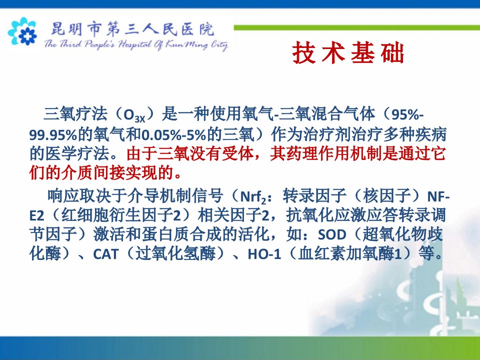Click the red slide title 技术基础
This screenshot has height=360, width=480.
348,53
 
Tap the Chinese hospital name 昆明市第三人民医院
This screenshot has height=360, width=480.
132,29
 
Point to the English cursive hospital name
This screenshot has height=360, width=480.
136,44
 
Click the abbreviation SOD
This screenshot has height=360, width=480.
332,235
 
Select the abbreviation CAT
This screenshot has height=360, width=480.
105,254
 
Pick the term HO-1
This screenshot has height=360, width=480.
264,254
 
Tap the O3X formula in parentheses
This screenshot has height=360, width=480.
134,115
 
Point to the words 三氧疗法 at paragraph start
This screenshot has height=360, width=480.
75,114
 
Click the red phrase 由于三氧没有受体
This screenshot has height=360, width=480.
190,153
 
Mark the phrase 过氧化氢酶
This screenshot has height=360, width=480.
175,253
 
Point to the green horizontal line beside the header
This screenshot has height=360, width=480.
357,27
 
